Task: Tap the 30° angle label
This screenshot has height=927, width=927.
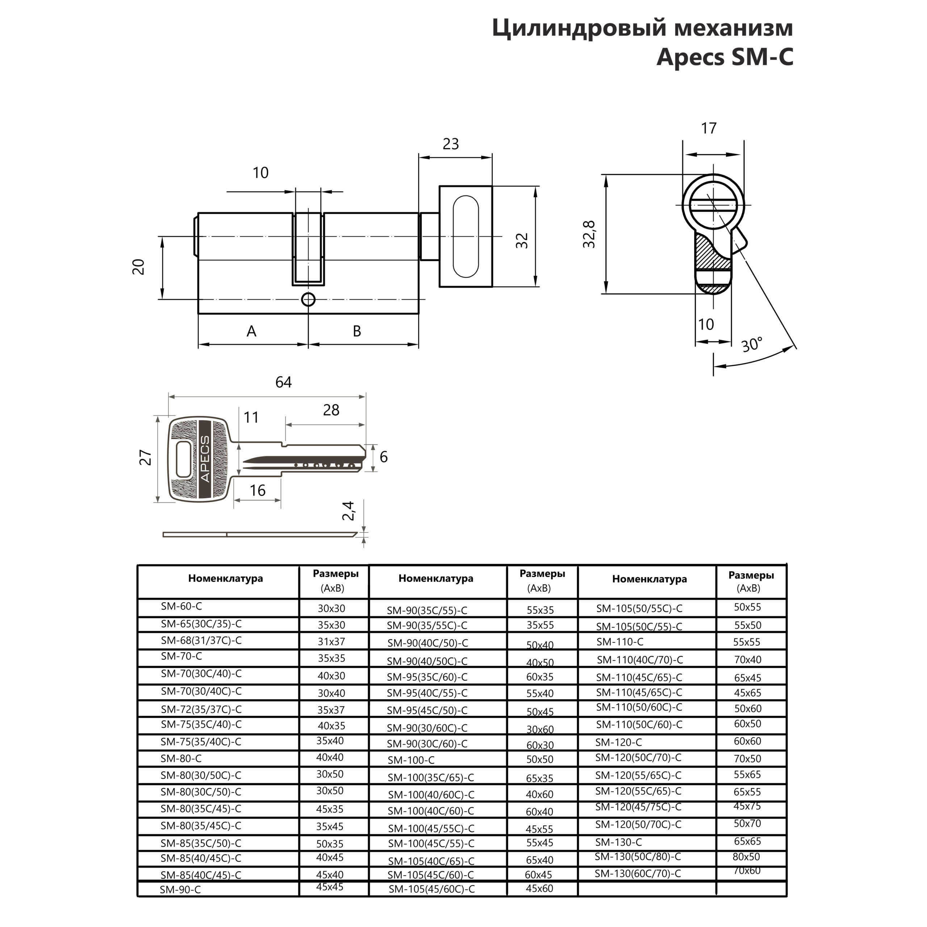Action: (751, 344)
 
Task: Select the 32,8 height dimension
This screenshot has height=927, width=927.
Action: (589, 234)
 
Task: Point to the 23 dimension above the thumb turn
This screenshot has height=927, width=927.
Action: (450, 144)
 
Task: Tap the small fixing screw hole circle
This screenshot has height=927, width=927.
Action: (309, 299)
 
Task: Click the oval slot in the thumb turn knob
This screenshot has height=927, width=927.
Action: (465, 236)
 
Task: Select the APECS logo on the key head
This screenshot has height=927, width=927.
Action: (205, 459)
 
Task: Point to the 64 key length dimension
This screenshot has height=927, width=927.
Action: (283, 382)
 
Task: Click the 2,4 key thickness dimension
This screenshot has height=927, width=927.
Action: (349, 511)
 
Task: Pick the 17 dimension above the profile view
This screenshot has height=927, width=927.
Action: (709, 129)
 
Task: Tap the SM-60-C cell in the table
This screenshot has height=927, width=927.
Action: (182, 607)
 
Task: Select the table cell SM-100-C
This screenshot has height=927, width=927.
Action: (411, 760)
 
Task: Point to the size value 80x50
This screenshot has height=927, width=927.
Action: (747, 856)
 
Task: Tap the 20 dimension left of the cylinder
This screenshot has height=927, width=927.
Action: (139, 267)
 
